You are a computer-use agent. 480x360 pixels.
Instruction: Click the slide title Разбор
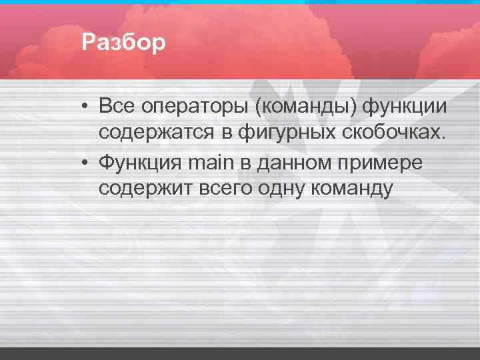coord(123,43)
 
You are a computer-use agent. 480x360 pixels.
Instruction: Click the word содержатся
coord(155,133)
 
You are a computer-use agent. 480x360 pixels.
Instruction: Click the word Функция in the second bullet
coord(141,162)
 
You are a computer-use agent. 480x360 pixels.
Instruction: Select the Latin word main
coord(211,162)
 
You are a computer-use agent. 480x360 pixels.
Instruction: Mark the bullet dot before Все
coord(87,107)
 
